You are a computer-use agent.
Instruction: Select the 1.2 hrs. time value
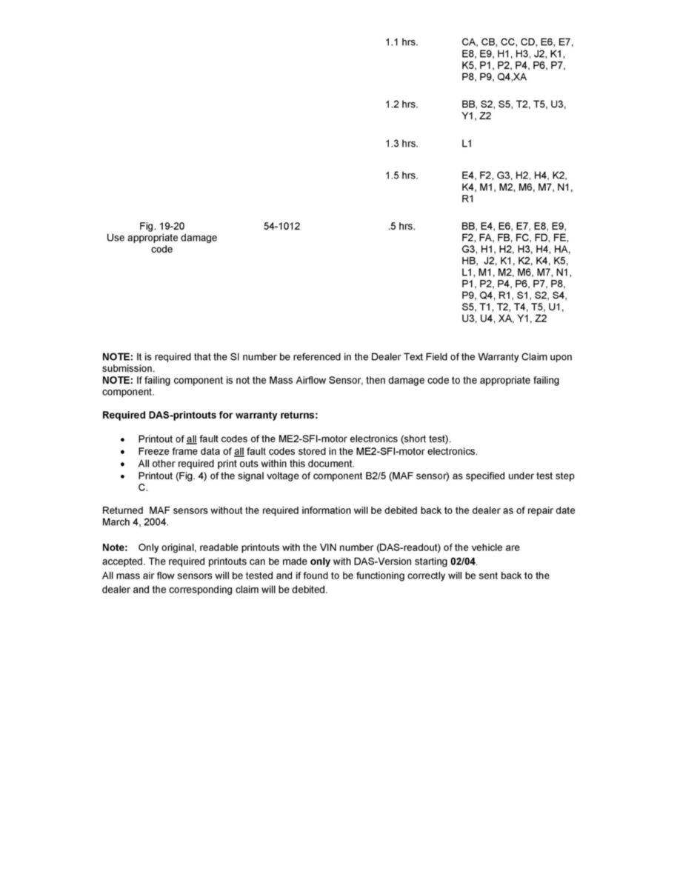pos(401,104)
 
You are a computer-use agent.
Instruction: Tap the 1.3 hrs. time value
pos(401,143)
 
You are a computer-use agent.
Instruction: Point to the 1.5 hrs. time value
pos(401,176)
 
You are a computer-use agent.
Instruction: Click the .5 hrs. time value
pos(401,226)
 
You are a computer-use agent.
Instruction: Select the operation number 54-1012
pos(281,226)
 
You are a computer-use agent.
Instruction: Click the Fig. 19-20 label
pos(161,226)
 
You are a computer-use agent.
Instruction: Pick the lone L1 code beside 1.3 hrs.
pos(467,143)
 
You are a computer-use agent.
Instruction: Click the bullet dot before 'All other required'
pos(121,463)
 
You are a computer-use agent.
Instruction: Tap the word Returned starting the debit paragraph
pos(121,510)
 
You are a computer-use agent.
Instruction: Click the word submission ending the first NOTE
pos(127,368)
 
